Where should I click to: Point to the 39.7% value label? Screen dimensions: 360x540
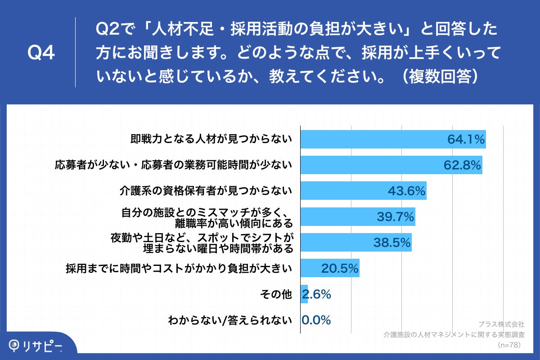pyautogui.click(x=396, y=217)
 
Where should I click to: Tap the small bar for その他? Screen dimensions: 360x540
pyautogui.click(x=304, y=294)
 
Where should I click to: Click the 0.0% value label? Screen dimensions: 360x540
pyautogui.click(x=316, y=320)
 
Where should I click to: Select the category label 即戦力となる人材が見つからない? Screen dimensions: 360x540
pyautogui.click(x=211, y=139)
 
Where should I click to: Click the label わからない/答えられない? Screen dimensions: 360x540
pyautogui.click(x=230, y=320)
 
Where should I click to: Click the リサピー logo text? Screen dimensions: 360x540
pyautogui.click(x=43, y=346)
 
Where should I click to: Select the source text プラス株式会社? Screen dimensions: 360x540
pyautogui.click(x=501, y=324)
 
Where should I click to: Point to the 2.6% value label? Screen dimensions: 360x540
pyautogui.click(x=317, y=294)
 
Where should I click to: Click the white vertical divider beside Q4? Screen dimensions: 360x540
pyautogui.click(x=75, y=52)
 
